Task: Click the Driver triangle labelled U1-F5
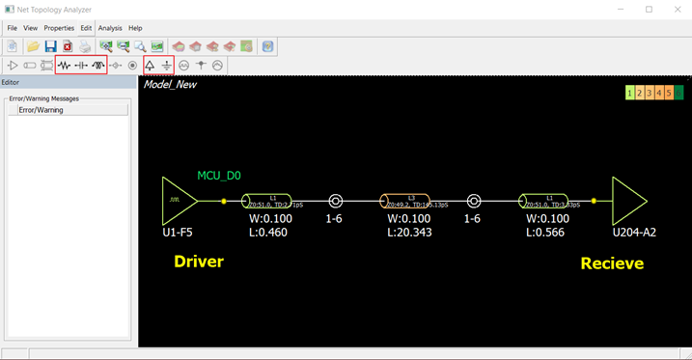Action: [x=179, y=201]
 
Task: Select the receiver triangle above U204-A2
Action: [x=629, y=201]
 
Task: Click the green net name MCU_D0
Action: [x=219, y=176]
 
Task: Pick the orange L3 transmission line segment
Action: [x=411, y=201]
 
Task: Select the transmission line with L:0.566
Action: [x=549, y=201]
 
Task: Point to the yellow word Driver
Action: [x=199, y=262]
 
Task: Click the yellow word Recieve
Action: [x=612, y=263]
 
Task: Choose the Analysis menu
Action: [x=110, y=28]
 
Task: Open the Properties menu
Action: [x=59, y=28]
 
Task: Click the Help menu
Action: [x=135, y=28]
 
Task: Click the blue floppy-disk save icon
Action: [x=50, y=46]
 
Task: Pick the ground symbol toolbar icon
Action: [x=167, y=66]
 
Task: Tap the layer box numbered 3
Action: [x=650, y=93]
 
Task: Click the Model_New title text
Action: [x=170, y=85]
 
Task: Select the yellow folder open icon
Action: [x=33, y=46]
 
